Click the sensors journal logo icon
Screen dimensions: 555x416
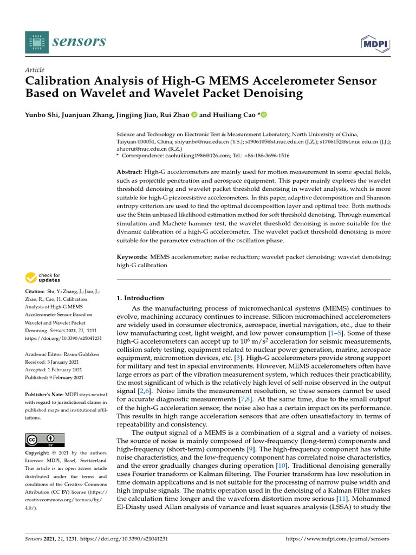(x=35, y=41)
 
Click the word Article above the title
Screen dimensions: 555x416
(x=35, y=70)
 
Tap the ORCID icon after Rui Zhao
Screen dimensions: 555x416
(x=194, y=114)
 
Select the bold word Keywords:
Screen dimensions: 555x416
(x=132, y=256)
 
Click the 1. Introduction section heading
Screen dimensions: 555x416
(x=140, y=298)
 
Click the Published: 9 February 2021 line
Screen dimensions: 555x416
(x=57, y=377)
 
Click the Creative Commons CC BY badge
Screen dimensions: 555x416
(x=45, y=440)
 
